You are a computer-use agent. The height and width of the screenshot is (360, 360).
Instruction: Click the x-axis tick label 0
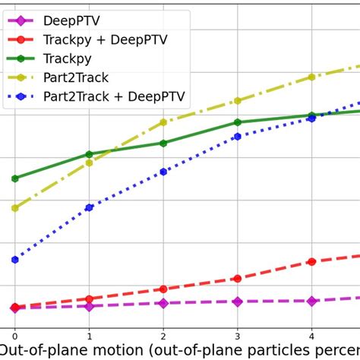14,335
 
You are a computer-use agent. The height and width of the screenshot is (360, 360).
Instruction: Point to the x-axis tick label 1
89,335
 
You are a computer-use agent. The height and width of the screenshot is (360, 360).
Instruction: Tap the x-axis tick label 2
163,335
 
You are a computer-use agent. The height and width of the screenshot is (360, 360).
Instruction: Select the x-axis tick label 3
238,335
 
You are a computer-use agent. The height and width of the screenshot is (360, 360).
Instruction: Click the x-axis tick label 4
311,335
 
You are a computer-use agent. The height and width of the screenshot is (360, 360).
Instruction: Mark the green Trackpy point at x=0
14,178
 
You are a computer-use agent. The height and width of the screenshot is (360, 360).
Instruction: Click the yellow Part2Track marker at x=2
163,122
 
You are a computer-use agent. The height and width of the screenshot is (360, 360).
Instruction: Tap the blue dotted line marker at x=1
89,207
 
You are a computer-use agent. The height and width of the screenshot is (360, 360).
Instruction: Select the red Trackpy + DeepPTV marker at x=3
238,279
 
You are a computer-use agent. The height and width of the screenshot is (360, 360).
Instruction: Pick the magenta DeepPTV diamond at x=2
163,303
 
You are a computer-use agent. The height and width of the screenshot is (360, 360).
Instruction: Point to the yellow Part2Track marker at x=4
311,77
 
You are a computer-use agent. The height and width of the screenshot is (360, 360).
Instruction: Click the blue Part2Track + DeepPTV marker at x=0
14,260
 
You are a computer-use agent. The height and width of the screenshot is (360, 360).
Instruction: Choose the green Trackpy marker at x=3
238,122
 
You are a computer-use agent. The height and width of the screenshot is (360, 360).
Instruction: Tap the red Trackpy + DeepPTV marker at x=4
311,261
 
